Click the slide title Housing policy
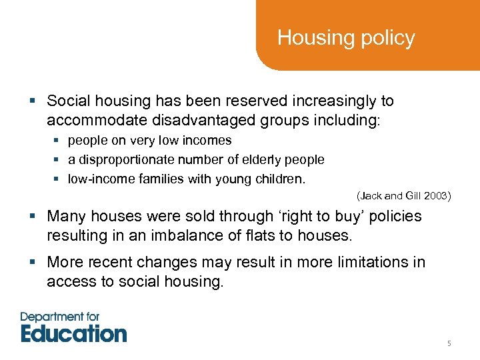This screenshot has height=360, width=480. click(x=345, y=38)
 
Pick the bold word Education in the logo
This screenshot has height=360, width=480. click(x=73, y=333)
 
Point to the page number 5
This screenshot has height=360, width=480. click(x=449, y=344)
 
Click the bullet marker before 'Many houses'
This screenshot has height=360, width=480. click(x=34, y=217)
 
